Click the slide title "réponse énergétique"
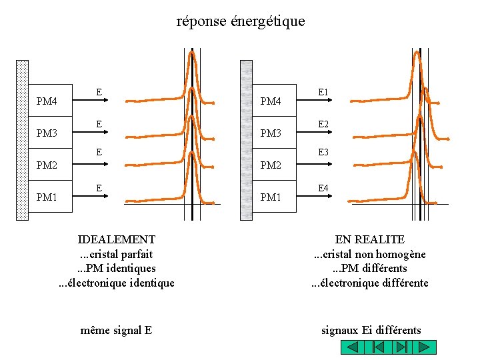point(241,21)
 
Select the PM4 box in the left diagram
point(50,101)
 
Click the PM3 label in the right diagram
point(271,133)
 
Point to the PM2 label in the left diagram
point(47,165)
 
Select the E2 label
point(323,124)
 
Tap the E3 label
point(323,153)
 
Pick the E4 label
point(323,188)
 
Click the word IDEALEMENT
point(117,239)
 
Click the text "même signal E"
point(116,330)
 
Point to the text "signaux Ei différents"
point(371,330)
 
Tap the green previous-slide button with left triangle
point(353,347)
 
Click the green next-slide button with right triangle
point(425,347)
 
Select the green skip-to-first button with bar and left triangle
point(377,347)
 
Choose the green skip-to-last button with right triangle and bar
point(401,347)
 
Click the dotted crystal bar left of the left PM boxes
point(22,140)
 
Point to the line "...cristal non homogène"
point(370,254)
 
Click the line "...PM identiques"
point(117,268)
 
